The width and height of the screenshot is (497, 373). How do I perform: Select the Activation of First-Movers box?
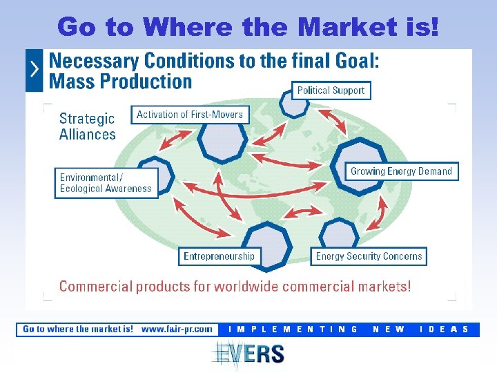pos(190,115)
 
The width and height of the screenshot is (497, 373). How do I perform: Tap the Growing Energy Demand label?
pos(401,171)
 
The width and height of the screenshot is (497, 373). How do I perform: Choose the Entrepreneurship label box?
pos(220,256)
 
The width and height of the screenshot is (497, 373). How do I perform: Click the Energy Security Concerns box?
pos(369,256)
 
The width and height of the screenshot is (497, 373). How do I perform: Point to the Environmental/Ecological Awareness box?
pos(106,183)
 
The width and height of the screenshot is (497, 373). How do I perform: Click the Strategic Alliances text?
pos(88,126)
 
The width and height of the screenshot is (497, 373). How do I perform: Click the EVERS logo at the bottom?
pos(248,354)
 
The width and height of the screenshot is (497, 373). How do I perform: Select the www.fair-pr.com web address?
pos(177,329)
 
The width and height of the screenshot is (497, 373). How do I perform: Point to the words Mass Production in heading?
pos(121,82)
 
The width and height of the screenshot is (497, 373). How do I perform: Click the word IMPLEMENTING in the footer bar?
pos(293,329)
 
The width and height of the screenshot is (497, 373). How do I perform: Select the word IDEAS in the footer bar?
pos(445,329)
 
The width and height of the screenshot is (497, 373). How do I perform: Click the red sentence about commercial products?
pos(235,286)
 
